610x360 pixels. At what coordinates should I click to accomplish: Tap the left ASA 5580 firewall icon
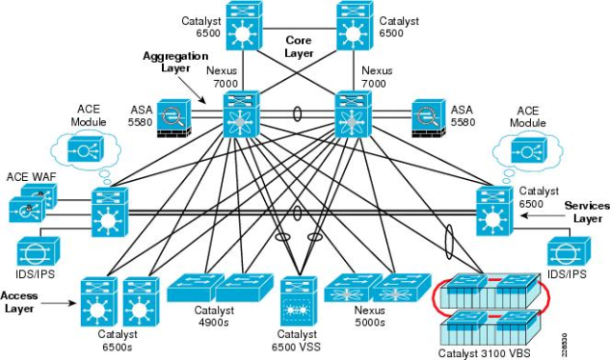(175, 118)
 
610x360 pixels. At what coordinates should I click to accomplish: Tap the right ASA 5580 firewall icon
(419, 118)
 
